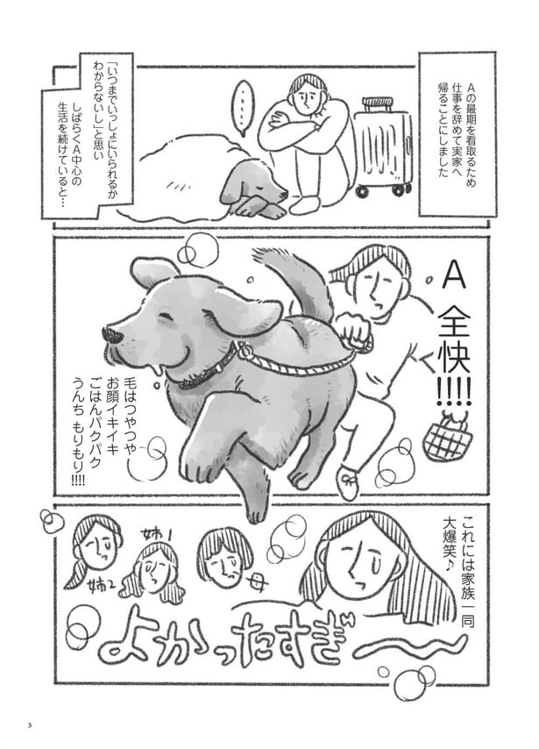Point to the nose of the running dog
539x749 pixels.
[112, 334]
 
